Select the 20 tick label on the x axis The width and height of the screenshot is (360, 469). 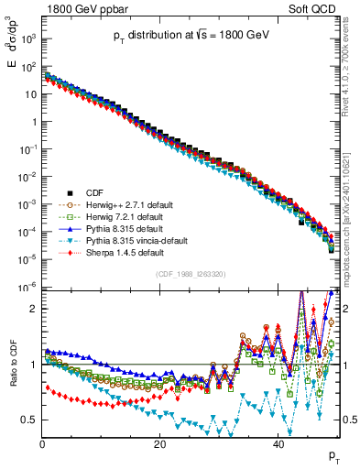160,444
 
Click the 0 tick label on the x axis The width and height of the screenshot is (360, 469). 42,444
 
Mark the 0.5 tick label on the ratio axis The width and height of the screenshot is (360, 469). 30,420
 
